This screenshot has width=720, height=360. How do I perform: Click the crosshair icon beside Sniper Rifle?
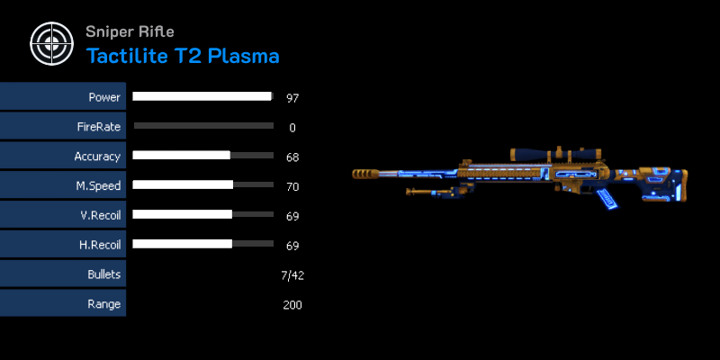tap(51, 43)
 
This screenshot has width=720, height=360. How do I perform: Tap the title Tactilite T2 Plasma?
tap(183, 56)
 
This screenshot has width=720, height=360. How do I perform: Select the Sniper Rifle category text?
tap(130, 31)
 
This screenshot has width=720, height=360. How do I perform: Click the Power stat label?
tap(104, 97)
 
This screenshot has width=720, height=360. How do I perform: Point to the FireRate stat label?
tap(99, 127)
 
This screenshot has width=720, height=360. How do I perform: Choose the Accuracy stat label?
tap(97, 157)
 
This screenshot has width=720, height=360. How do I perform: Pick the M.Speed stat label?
tap(98, 186)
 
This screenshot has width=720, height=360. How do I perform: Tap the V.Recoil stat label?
tap(100, 215)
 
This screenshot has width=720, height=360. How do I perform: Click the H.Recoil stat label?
tap(100, 245)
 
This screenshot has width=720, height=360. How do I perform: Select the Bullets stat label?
tap(104, 274)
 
